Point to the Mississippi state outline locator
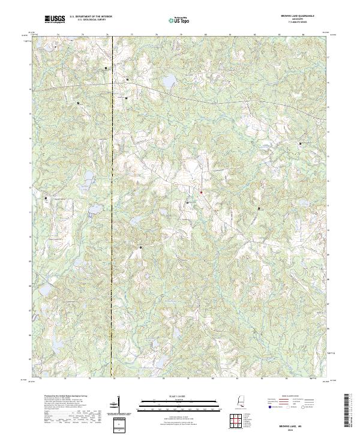[242, 405]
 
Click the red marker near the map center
[201, 192]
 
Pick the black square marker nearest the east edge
[301, 143]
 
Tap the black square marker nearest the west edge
[45, 199]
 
